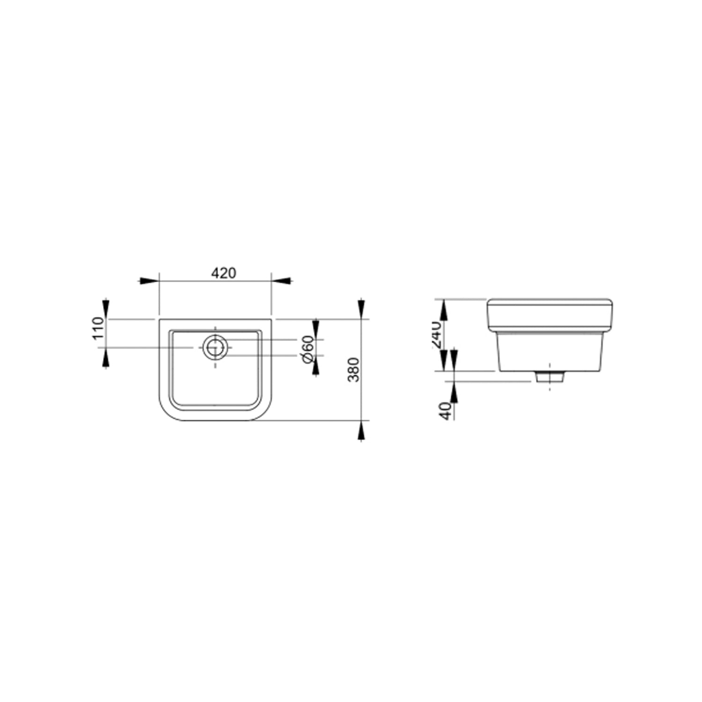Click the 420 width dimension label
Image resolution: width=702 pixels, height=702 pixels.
pyautogui.click(x=223, y=273)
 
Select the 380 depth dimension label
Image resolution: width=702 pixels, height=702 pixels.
pyautogui.click(x=354, y=370)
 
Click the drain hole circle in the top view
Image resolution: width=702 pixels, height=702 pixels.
pyautogui.click(x=215, y=347)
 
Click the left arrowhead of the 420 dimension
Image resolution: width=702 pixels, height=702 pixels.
pyautogui.click(x=149, y=281)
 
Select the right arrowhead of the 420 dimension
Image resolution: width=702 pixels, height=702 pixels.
pyautogui.click(x=282, y=281)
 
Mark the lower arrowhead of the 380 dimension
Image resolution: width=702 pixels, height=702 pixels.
pyautogui.click(x=361, y=431)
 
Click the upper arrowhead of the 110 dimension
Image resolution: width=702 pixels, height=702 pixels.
pyautogui.click(x=107, y=309)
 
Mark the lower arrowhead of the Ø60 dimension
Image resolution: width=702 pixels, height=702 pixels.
pyautogui.click(x=315, y=366)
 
